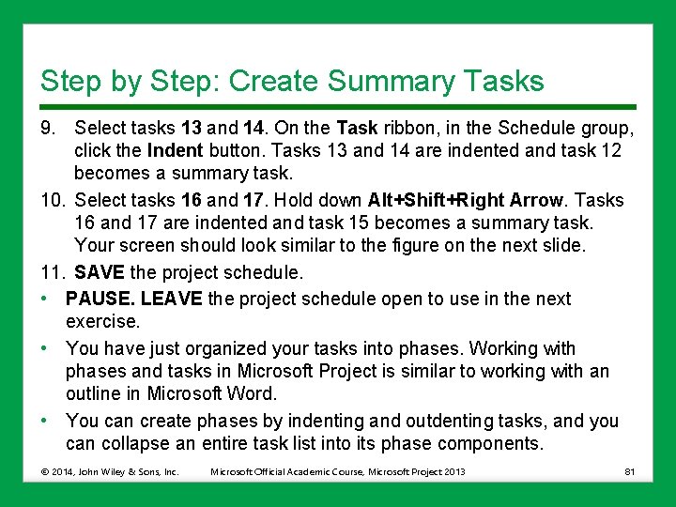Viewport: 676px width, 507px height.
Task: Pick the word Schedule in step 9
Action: point(536,127)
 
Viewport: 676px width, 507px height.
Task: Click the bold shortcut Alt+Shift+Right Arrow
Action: point(467,200)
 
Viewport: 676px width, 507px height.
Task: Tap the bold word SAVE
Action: point(97,273)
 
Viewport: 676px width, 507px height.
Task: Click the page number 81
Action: point(628,471)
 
